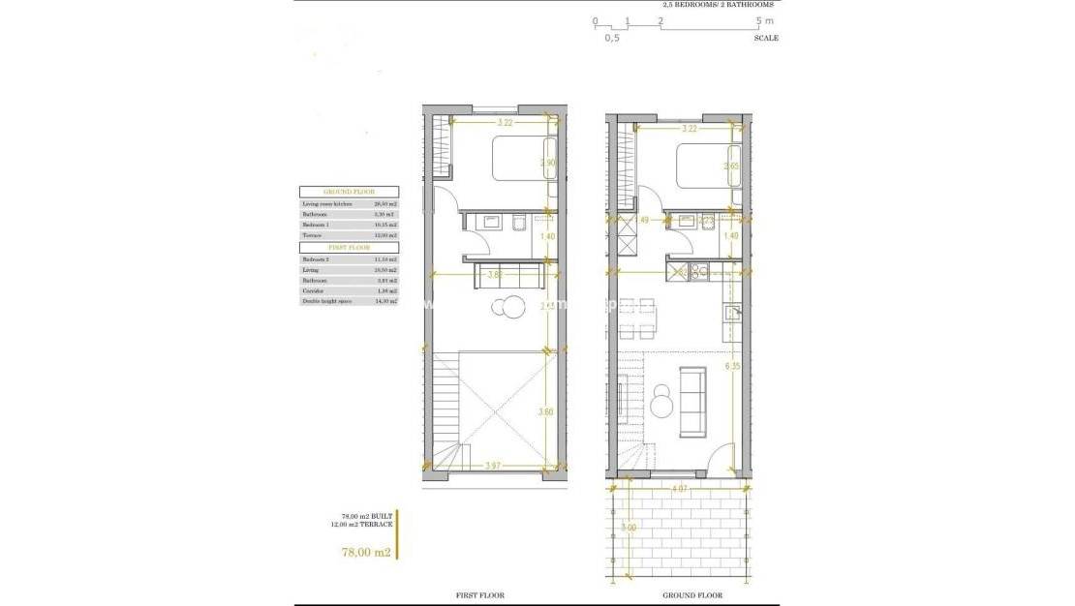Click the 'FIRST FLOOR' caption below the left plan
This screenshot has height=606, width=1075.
(x=479, y=595)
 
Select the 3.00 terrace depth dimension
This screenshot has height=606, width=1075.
(x=630, y=528)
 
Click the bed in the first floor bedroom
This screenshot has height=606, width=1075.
(x=523, y=159)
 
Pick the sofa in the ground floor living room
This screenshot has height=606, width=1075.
(x=692, y=401)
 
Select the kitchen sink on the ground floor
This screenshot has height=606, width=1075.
(x=733, y=313)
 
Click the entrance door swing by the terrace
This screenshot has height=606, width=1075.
(x=720, y=457)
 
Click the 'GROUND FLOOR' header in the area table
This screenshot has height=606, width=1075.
(x=349, y=192)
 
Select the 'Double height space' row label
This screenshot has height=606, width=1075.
(x=326, y=302)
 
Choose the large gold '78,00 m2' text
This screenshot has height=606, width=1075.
(x=365, y=553)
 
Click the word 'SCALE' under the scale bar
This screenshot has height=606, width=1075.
(x=765, y=39)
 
